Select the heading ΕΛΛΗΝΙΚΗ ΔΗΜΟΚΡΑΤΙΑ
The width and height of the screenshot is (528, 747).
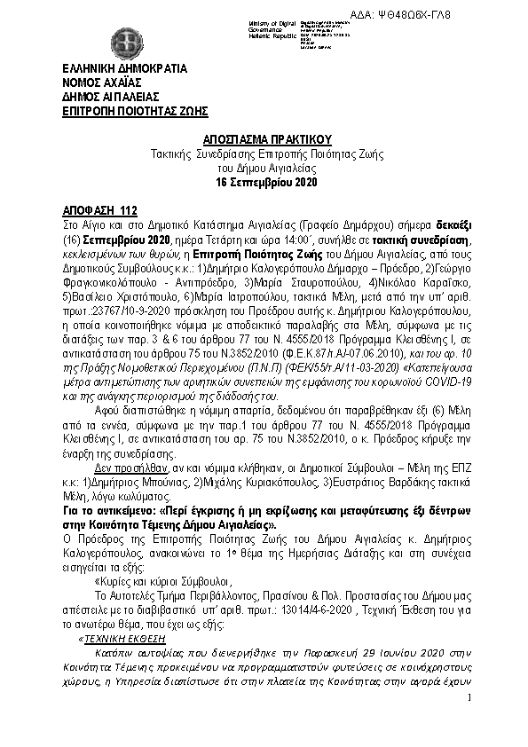coord(112,67)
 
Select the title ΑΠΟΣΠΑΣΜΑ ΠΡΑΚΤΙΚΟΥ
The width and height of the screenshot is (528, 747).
coord(264,140)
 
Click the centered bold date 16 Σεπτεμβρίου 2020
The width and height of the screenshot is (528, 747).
coord(264,181)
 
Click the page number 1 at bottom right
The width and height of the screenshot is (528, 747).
coord(468,699)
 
